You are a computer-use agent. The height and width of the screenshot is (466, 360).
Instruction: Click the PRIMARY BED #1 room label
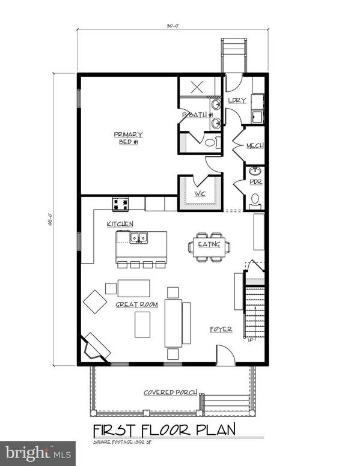click(x=126, y=138)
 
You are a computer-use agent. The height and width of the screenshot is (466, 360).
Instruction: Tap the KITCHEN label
click(x=120, y=224)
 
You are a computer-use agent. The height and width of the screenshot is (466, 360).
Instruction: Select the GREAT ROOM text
click(x=136, y=305)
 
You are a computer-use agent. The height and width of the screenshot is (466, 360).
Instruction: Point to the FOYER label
click(x=221, y=329)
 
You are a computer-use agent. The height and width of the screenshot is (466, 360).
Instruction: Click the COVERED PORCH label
click(x=170, y=392)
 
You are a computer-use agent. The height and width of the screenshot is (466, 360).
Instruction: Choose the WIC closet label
click(x=199, y=194)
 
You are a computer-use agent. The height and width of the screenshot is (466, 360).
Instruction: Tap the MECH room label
click(x=255, y=146)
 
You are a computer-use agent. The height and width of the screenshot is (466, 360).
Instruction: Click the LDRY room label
click(x=237, y=100)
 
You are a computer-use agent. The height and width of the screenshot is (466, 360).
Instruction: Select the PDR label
click(x=255, y=182)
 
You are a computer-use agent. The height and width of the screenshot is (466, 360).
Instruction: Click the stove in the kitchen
click(x=120, y=204)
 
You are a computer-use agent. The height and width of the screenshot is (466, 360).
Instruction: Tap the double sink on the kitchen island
click(x=139, y=238)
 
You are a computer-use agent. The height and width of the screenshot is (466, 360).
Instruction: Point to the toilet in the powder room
click(x=255, y=199)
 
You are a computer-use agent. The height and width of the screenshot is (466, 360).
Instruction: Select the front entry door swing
click(x=225, y=356)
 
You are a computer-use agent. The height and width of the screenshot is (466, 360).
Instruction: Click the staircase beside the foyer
click(x=255, y=312)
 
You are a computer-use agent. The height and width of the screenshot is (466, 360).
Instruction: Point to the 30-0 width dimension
click(x=172, y=26)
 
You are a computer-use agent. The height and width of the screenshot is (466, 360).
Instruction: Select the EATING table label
click(x=209, y=244)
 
